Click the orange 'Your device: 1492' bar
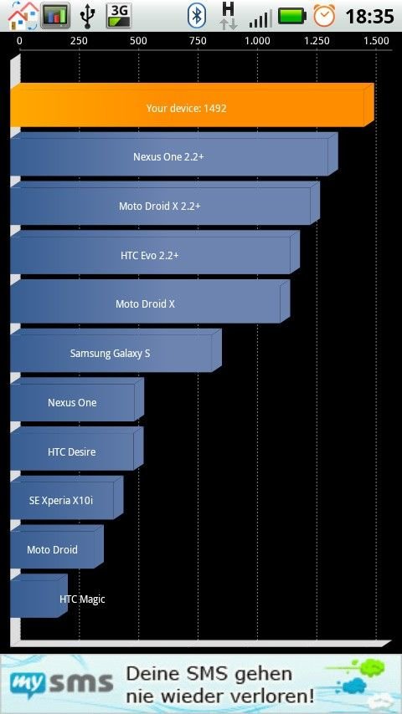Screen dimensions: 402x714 (x=192, y=105)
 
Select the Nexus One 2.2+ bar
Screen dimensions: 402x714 (x=174, y=155)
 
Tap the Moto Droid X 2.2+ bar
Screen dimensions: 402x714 (x=165, y=203)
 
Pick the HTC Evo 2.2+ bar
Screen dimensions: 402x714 (x=155, y=252)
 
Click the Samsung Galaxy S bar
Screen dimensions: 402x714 (x=116, y=350)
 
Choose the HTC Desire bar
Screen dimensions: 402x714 (x=77, y=449)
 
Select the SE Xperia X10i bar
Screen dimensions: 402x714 (x=67, y=498)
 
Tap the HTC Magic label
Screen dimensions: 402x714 (x=82, y=599)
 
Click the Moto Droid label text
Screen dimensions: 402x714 (x=52, y=549)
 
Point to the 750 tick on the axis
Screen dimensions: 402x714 (x=198, y=41)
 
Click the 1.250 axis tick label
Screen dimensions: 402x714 (x=317, y=41)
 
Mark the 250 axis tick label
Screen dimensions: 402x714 (x=79, y=41)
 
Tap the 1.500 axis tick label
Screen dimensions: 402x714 (x=376, y=41)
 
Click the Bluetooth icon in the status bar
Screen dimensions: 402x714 (x=197, y=16)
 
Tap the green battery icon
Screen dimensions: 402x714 (x=292, y=17)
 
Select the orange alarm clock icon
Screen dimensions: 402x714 (x=324, y=16)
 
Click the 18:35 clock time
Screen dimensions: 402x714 (x=369, y=17)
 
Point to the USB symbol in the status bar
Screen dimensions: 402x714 (x=87, y=16)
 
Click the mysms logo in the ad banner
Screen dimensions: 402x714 (x=62, y=683)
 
